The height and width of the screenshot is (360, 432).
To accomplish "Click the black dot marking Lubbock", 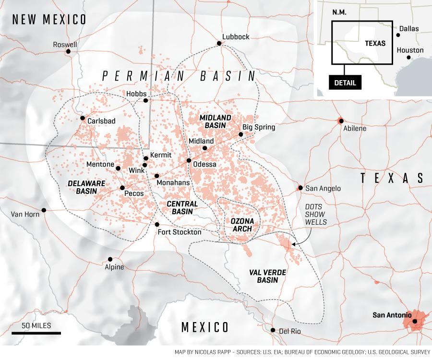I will point(219,43).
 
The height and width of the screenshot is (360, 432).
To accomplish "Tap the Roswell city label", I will point(65,45).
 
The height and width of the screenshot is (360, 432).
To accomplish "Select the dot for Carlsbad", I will point(83,118).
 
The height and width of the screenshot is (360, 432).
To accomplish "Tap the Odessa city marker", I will point(189,160).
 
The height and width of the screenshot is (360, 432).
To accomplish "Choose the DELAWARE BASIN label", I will point(83,187).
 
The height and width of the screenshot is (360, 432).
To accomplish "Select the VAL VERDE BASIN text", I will point(267,276).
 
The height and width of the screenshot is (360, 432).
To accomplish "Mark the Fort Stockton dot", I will point(157,224).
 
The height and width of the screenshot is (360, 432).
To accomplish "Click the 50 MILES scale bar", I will point(36,332).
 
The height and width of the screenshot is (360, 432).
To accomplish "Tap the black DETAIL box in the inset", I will point(345,83).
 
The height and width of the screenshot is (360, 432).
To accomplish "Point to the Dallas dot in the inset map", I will point(398,35).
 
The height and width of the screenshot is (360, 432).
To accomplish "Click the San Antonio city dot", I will point(415,321).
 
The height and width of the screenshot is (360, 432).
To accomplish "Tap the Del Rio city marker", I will point(273,330).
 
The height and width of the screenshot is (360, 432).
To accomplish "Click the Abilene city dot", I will point(341,120).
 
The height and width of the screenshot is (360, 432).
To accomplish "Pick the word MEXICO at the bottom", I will point(205,327).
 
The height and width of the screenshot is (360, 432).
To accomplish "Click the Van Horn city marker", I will point(44,210).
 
